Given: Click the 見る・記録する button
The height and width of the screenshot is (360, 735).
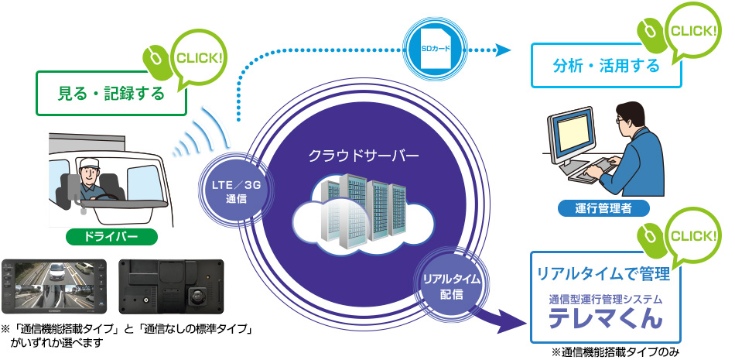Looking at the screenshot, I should tap(112, 94).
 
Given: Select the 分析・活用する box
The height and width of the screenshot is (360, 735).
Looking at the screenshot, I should tap(606, 66).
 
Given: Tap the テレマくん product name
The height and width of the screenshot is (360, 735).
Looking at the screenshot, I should tap(606, 317).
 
